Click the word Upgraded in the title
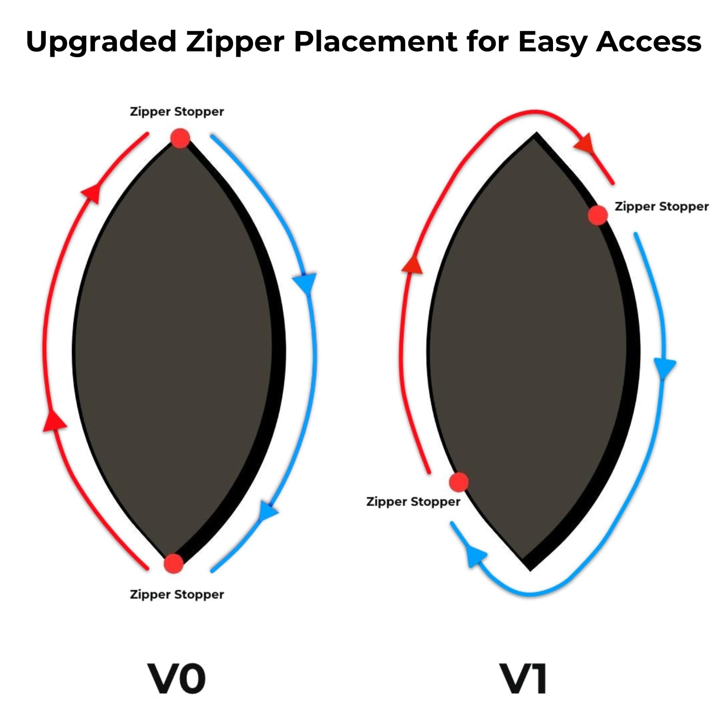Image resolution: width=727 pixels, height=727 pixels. (101, 42)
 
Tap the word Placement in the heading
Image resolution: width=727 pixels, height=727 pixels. (375, 41)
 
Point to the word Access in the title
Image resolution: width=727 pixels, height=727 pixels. (648, 41)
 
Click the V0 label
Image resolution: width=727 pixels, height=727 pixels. (176, 678)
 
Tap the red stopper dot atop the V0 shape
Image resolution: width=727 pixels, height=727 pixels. (180, 138)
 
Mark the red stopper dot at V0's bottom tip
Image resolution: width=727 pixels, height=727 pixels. (174, 563)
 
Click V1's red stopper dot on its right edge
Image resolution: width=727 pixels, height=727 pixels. (598, 215)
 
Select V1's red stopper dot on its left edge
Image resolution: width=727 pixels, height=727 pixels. (459, 482)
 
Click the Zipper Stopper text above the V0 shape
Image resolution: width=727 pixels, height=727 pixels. (177, 112)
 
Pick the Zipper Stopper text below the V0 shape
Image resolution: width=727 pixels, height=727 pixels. (177, 594)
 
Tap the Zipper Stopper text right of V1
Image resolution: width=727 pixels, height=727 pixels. (662, 207)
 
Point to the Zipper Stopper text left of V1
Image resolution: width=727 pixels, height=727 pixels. (413, 502)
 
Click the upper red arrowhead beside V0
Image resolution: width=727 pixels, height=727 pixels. (91, 193)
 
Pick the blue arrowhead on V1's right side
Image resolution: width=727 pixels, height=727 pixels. (664, 367)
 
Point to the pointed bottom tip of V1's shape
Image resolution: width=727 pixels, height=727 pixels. (530, 570)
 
